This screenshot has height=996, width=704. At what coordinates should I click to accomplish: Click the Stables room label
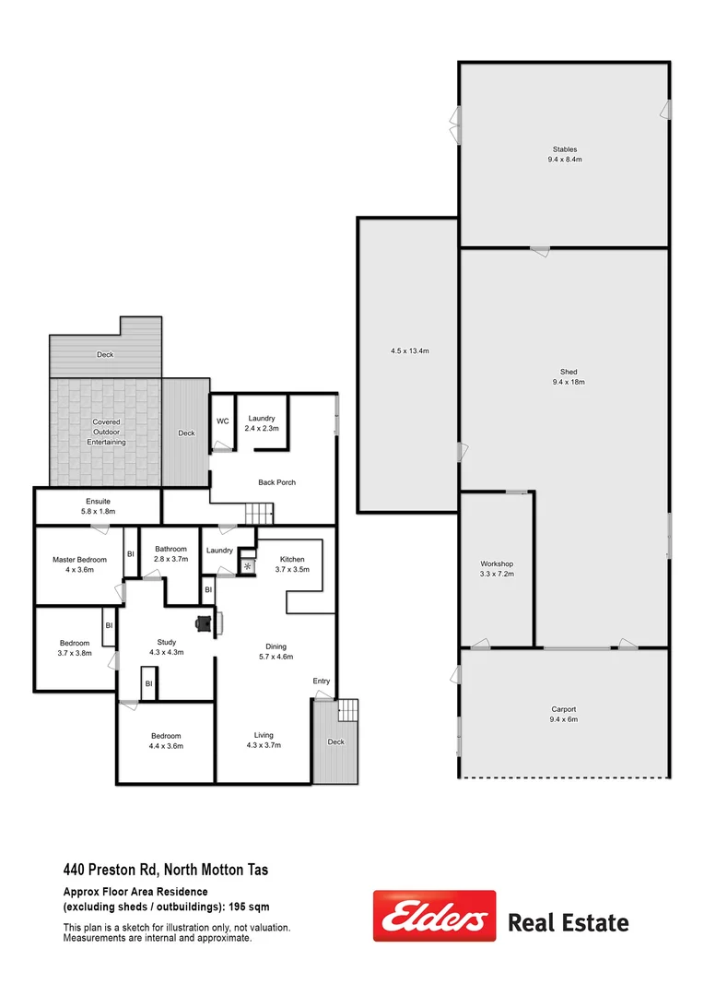click(564, 148)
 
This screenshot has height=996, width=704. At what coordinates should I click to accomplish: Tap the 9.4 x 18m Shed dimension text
click(568, 382)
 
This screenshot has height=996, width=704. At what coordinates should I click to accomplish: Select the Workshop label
click(497, 563)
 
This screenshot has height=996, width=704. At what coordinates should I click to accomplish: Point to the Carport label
click(563, 709)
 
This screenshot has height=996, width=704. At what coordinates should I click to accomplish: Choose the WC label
click(222, 421)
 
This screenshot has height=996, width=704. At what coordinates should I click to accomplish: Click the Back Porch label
click(276, 482)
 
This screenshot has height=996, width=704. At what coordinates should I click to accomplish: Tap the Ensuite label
click(98, 501)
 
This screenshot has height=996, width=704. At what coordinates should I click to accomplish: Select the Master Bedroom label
click(80, 559)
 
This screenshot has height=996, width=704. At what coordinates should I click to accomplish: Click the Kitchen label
click(292, 559)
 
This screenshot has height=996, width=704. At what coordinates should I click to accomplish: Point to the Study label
click(167, 642)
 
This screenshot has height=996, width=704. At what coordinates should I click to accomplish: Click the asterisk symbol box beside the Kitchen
click(247, 565)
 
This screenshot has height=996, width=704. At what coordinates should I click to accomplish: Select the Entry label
click(321, 681)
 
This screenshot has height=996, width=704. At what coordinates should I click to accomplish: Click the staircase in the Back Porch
click(259, 513)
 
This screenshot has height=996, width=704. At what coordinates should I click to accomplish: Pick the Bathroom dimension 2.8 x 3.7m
click(171, 559)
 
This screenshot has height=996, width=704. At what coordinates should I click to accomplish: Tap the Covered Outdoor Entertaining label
click(106, 432)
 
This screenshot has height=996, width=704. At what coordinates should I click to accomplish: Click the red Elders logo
click(434, 916)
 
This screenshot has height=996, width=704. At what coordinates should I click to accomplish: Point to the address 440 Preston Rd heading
click(166, 869)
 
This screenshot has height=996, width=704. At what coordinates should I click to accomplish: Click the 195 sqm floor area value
click(253, 907)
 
